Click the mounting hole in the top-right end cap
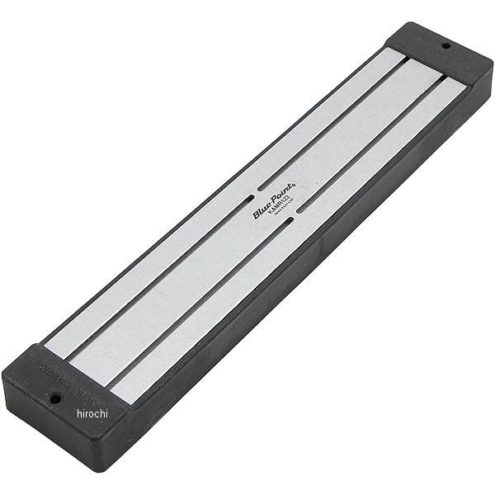[x=445, y=46]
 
